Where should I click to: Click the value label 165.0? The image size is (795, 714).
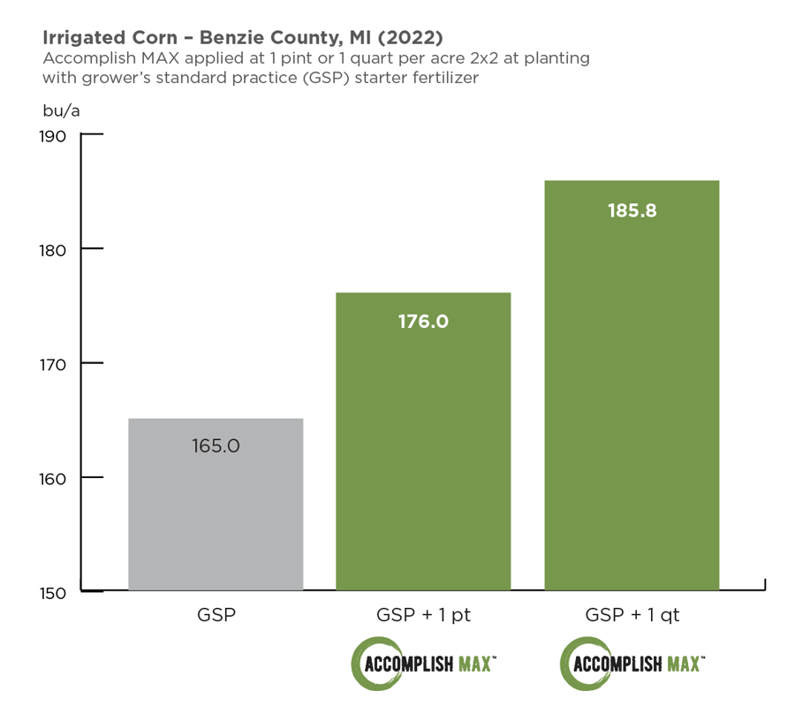(x=216, y=445)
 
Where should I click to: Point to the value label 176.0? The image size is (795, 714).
(x=423, y=321)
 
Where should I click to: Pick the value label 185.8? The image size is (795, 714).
(x=632, y=211)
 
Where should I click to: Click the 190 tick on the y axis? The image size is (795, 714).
(x=53, y=136)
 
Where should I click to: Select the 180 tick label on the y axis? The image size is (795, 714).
(x=53, y=250)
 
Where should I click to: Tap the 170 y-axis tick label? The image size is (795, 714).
(x=53, y=364)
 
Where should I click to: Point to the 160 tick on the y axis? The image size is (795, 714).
(x=53, y=478)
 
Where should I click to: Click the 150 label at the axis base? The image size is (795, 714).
(x=53, y=592)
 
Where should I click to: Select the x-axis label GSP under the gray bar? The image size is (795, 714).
(x=216, y=615)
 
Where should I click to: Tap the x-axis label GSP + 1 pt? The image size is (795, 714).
(x=423, y=615)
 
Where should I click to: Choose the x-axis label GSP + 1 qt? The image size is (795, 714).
(x=632, y=615)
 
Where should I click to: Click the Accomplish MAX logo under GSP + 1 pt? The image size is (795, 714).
(x=424, y=663)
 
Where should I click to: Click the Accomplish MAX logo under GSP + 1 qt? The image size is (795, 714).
(x=632, y=663)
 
